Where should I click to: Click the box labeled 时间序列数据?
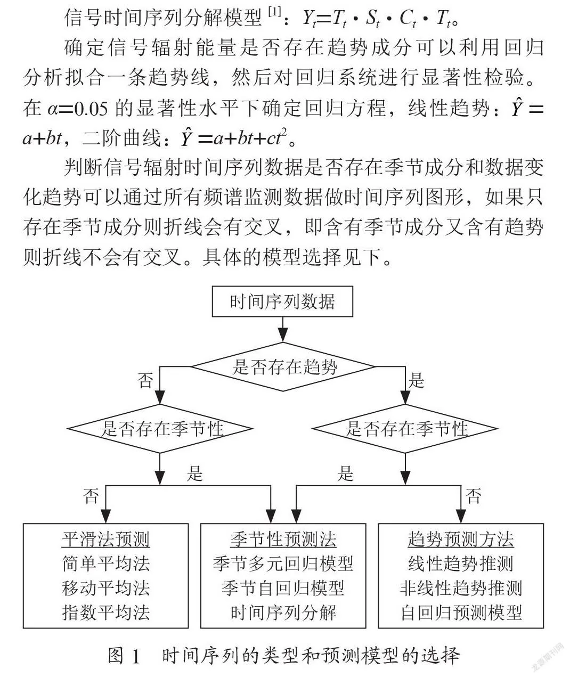pyautogui.click(x=282, y=301)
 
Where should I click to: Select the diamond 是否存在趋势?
pyautogui.click(x=282, y=367)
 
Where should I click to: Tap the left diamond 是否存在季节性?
pyautogui.click(x=160, y=429)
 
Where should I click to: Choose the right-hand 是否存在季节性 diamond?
pyautogui.click(x=405, y=429)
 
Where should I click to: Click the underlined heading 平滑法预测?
pyautogui.click(x=106, y=540)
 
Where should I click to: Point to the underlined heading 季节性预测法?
pyautogui.click(x=283, y=540)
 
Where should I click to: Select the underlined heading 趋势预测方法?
pyautogui.click(x=461, y=540)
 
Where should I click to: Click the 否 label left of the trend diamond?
pyautogui.click(x=145, y=381)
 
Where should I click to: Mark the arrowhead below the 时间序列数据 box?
pyautogui.click(x=282, y=336)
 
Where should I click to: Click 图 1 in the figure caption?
pyautogui.click(x=125, y=655)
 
